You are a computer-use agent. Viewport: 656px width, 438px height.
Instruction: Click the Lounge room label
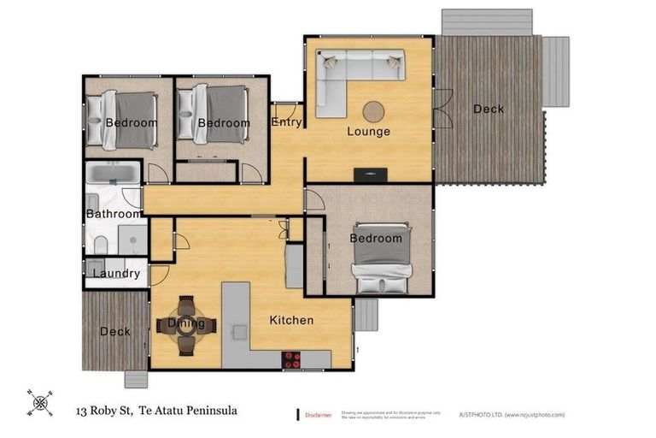tap(368, 131)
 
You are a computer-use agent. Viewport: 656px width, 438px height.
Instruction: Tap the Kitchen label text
tap(291, 320)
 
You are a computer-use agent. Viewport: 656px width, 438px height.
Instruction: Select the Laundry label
tap(116, 274)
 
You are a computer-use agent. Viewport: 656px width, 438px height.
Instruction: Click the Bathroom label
tap(114, 214)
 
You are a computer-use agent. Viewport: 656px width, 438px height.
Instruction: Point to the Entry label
tap(286, 122)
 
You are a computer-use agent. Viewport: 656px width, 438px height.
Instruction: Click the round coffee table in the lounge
tap(373, 111)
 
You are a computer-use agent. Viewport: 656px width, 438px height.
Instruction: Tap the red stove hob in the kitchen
tap(293, 359)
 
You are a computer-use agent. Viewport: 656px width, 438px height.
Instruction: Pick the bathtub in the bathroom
tap(114, 175)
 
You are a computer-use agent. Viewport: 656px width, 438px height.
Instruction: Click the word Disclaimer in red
tap(319, 415)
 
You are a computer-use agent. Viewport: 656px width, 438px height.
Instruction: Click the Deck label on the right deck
tap(488, 109)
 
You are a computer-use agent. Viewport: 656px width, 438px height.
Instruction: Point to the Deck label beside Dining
tap(114, 331)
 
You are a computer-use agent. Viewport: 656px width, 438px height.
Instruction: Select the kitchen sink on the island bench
tap(239, 329)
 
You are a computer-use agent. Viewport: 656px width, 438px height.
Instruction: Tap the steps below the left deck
tap(136, 378)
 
